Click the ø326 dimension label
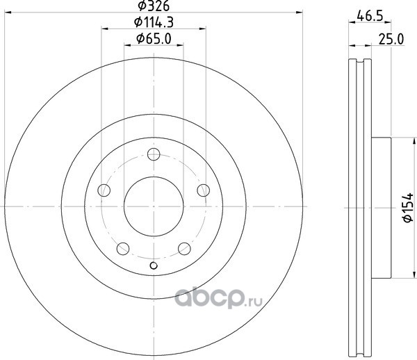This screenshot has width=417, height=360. [x=154, y=6]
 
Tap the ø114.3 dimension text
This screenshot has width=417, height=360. [x=154, y=22]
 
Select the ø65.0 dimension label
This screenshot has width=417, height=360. [x=154, y=39]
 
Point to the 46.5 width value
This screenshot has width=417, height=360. [x=370, y=16]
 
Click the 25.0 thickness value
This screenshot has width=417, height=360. [x=391, y=40]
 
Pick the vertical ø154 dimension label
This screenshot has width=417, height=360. [x=408, y=207]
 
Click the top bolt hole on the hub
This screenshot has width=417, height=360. [x=154, y=154]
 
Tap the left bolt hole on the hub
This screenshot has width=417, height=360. [x=104, y=190]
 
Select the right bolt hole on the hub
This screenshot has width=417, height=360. [x=204, y=190]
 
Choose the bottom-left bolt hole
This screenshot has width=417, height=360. [x=123, y=249]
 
